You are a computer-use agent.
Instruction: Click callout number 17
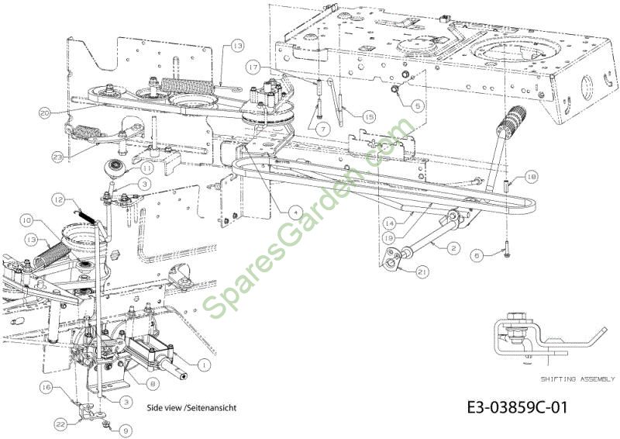point(253,67)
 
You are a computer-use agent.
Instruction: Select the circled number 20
point(46,112)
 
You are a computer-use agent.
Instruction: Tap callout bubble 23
point(57,157)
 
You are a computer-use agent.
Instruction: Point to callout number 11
point(147,168)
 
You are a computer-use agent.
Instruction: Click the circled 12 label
point(58,200)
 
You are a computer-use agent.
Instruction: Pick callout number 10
point(27,221)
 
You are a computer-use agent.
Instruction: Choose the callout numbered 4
point(295,213)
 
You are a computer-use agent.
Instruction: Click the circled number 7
point(323,129)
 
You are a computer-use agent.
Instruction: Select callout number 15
point(369,117)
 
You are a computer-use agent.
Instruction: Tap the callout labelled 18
point(532,177)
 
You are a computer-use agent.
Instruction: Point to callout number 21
point(422,272)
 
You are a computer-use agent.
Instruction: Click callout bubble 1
point(204,365)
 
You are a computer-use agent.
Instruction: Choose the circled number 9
point(126,430)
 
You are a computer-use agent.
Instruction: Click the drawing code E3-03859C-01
point(517,407)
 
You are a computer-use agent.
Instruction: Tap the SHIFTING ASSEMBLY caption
point(577,379)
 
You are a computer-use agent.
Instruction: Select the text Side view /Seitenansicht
point(191,407)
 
